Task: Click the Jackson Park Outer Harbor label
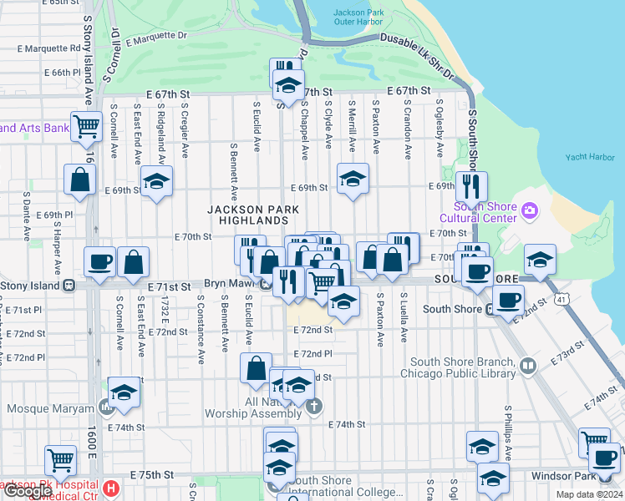pyautogui.click(x=358, y=18)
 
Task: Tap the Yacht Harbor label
pyautogui.click(x=589, y=157)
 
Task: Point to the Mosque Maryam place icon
pyautogui.click(x=106, y=408)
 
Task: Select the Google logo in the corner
pyautogui.click(x=27, y=491)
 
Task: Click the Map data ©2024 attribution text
pyautogui.click(x=588, y=494)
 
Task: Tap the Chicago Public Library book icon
pyautogui.click(x=527, y=365)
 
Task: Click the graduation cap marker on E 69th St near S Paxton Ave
pyautogui.click(x=353, y=179)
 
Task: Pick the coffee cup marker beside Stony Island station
pyautogui.click(x=99, y=261)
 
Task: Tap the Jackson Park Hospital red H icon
pyautogui.click(x=110, y=487)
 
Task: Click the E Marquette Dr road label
pyautogui.click(x=156, y=38)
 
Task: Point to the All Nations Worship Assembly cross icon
pyautogui.click(x=313, y=407)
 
